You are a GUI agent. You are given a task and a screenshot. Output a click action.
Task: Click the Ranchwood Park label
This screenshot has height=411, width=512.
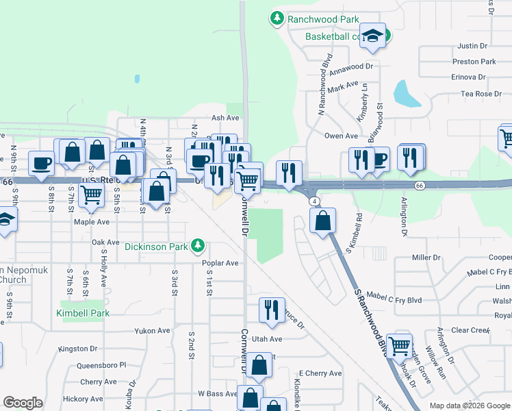click(315, 18)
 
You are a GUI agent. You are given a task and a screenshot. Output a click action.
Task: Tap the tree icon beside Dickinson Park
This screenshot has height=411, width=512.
click(198, 245)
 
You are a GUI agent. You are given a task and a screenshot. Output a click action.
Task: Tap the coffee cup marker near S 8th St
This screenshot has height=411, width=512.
click(41, 164)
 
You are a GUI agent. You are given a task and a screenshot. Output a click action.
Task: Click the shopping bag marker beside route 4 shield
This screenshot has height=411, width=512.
click(322, 221)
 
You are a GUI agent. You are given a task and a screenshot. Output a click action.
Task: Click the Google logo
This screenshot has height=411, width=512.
click(23, 403)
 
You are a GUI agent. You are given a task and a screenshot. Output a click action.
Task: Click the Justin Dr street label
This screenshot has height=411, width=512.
click(472, 47)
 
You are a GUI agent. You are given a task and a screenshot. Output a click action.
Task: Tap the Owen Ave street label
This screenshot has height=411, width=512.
click(341, 136)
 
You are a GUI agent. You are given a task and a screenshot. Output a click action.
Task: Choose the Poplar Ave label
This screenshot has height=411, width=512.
click(220, 263)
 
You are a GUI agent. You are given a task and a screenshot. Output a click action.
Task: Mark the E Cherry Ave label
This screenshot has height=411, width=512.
click(322, 373)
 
